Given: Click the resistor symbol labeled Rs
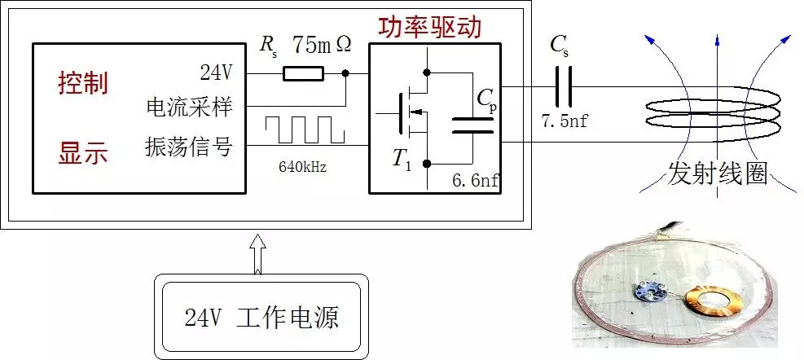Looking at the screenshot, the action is [x=303, y=74].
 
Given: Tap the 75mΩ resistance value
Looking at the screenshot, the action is [x=322, y=45].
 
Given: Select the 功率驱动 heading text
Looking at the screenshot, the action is [x=429, y=27].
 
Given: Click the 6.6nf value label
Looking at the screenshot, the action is [x=476, y=181].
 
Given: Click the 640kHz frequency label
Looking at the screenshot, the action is [x=303, y=169].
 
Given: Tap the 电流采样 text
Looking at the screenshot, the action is [x=188, y=107].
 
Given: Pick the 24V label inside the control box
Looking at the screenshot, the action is [x=216, y=73].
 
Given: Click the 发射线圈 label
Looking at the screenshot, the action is [x=718, y=173].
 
